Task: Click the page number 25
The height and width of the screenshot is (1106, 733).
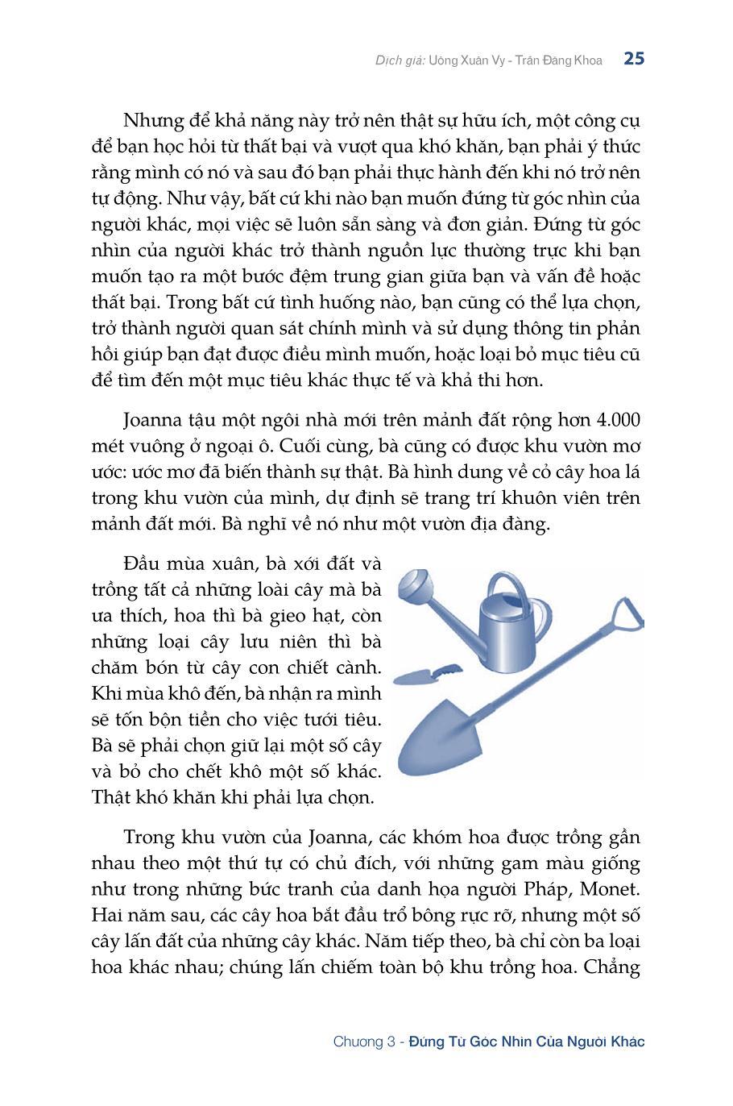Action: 634,59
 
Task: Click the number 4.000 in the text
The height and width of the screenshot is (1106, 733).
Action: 616,420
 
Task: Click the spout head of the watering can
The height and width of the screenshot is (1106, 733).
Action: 420,586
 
